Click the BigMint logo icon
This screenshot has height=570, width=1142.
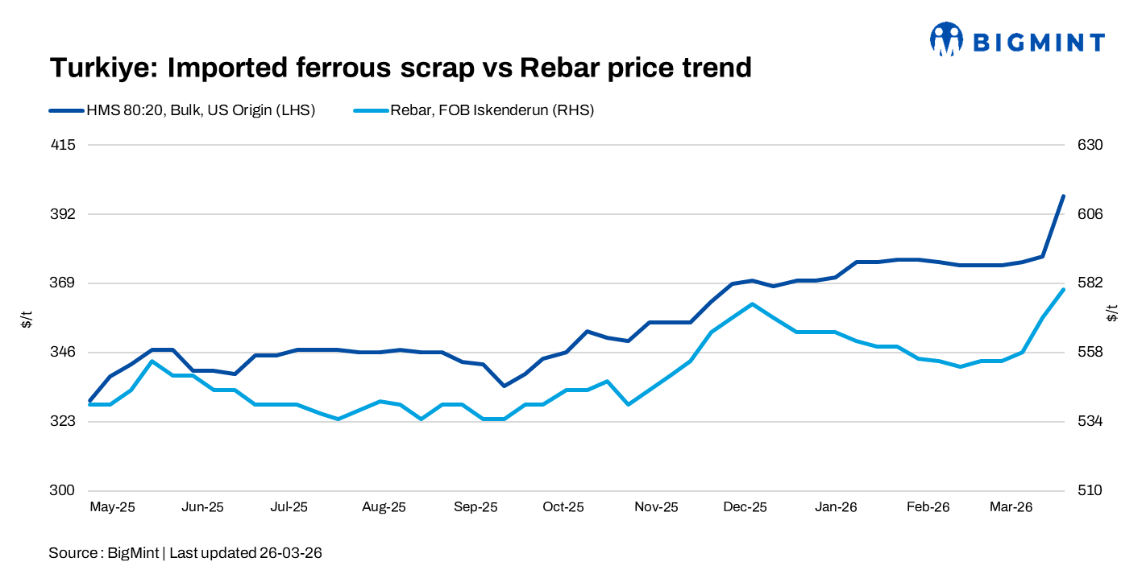point(946,39)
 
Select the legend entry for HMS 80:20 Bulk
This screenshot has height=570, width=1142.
point(181,111)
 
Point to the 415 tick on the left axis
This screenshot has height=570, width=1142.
point(63,145)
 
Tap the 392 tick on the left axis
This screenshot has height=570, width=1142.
point(63,214)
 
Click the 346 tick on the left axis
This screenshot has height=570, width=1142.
point(63,353)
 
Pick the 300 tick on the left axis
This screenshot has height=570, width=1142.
point(63,490)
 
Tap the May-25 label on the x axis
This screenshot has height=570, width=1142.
point(112,507)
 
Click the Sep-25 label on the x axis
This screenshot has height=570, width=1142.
point(475,507)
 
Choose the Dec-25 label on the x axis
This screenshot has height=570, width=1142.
point(745,507)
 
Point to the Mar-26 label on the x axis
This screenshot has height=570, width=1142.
point(1011,507)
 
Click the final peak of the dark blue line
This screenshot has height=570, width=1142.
point(1063,196)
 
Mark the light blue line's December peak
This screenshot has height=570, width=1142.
point(752,304)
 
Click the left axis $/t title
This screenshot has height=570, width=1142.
point(27,318)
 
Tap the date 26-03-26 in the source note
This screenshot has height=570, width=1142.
point(291,553)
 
